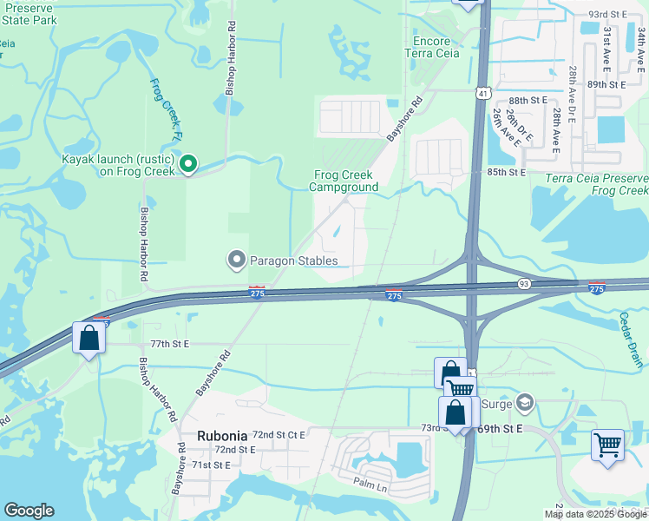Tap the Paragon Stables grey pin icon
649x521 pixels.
click(236, 260)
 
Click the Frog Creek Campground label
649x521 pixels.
click(344, 181)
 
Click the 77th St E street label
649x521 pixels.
click(169, 345)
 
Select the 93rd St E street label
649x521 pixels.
click(607, 15)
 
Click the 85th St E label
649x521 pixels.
click(507, 173)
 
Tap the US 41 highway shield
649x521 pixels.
click(482, 92)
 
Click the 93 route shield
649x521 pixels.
click(524, 283)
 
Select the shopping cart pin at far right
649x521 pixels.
click(608, 445)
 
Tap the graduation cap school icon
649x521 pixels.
click(523, 402)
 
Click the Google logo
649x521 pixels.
click(29, 511)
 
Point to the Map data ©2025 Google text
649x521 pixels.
click(595, 514)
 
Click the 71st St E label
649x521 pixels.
click(212, 465)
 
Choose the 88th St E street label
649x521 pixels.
click(530, 101)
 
